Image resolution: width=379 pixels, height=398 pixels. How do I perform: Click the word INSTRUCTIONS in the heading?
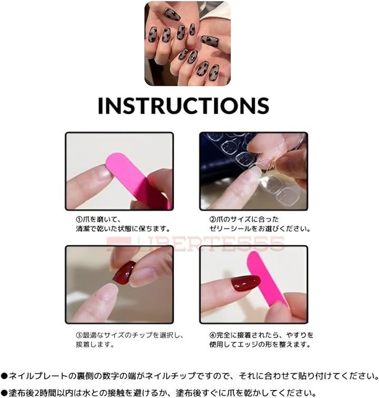(x=184, y=105)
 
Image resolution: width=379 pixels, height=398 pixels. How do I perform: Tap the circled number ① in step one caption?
(x=79, y=220)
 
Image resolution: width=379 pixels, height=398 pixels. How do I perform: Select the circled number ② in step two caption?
(x=213, y=220)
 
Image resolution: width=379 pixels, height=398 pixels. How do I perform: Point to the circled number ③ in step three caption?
(x=79, y=335)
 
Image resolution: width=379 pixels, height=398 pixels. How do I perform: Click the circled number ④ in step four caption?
(x=213, y=335)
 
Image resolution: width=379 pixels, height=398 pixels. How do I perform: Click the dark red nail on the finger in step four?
(x=245, y=284)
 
